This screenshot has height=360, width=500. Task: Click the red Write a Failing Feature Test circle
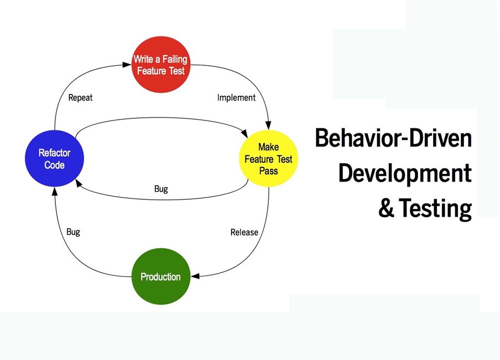(x=161, y=64)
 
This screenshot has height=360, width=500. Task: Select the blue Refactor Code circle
(x=54, y=158)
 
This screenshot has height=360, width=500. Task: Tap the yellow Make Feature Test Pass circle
(x=269, y=158)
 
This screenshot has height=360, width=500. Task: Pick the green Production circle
(x=161, y=277)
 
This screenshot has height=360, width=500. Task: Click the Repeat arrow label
(x=80, y=97)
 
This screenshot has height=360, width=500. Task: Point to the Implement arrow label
(x=236, y=97)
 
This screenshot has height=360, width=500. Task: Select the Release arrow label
(x=244, y=232)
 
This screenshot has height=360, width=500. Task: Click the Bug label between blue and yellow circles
(x=161, y=189)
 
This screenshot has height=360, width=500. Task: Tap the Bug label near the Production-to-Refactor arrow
(x=73, y=232)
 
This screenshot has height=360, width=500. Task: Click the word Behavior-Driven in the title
(x=394, y=138)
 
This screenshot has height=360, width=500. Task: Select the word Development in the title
(x=405, y=173)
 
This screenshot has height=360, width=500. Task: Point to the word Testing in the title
(x=435, y=209)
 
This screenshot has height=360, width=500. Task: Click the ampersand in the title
(x=386, y=208)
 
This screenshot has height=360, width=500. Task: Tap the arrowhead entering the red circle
(x=127, y=65)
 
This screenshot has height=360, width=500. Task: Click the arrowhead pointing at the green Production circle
(x=195, y=276)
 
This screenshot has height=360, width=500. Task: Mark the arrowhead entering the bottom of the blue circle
(x=54, y=191)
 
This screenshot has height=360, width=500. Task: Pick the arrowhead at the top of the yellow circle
(x=269, y=125)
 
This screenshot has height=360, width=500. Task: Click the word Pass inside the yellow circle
(x=269, y=171)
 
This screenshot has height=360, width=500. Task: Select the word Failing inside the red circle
(x=175, y=59)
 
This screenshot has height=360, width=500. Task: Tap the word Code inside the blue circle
(x=54, y=165)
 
